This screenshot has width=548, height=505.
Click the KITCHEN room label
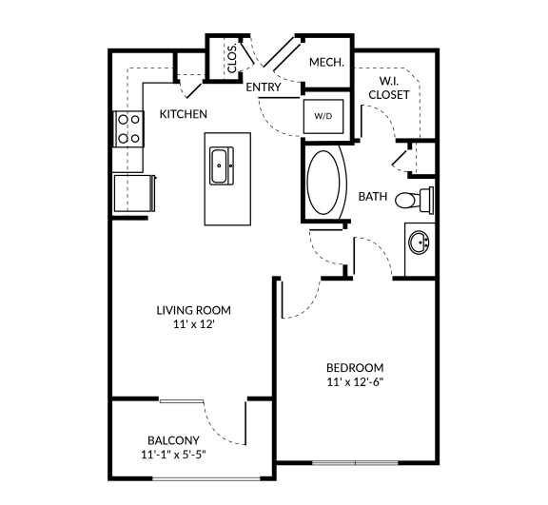click(183, 114)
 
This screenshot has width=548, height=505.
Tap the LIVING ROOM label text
click(193, 310)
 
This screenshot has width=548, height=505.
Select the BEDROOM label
click(354, 368)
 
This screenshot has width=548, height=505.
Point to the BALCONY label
click(172, 439)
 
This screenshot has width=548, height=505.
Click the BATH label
click(372, 197)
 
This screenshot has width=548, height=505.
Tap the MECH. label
click(326, 63)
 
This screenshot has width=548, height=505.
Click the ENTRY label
click(263, 87)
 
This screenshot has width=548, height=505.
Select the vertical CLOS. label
click(232, 59)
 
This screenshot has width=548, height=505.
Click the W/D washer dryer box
click(323, 116)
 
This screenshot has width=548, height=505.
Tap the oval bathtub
click(327, 184)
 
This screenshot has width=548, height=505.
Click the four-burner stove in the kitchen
click(127, 129)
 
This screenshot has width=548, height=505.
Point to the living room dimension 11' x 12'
click(193, 325)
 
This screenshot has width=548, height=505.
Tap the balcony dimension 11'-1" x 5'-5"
click(172, 455)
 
